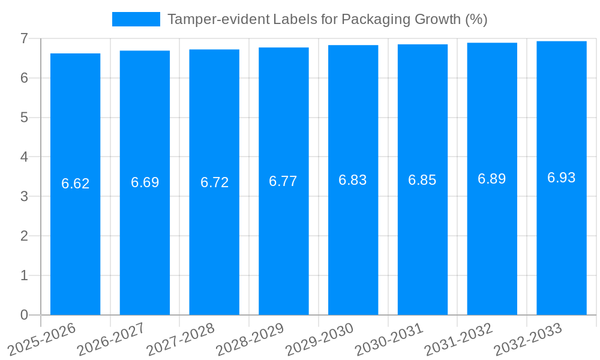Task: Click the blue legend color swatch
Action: click(136, 19)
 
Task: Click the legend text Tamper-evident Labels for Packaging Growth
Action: click(327, 19)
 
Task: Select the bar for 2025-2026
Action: click(75, 184)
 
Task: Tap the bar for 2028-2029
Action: click(284, 181)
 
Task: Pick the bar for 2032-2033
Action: click(562, 178)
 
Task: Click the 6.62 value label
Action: click(75, 184)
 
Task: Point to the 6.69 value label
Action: click(145, 182)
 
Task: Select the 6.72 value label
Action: click(214, 182)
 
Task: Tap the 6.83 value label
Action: click(353, 180)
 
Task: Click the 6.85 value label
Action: click(422, 180)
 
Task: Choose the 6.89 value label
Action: click(492, 179)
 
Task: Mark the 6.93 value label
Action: click(562, 178)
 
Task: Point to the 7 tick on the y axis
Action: click(25, 38)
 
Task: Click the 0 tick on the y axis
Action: click(25, 315)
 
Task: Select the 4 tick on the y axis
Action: click(25, 157)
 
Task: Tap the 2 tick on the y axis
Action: click(25, 236)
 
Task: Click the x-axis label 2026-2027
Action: click(112, 339)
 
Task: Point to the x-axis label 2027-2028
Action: click(181, 339)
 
